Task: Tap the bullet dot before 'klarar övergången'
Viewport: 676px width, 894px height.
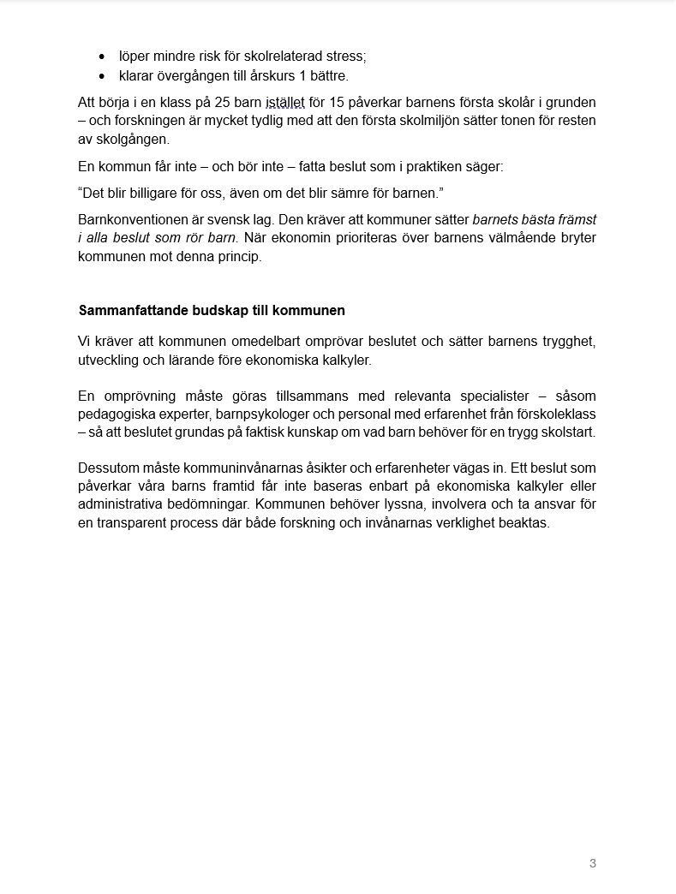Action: click(103, 76)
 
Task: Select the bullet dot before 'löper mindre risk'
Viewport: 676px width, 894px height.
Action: click(103, 57)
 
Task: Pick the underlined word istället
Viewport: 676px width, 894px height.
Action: click(285, 103)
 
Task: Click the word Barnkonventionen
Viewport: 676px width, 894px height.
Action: click(131, 219)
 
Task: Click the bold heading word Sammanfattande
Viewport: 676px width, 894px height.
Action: click(129, 310)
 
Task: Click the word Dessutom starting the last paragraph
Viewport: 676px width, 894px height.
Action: click(108, 468)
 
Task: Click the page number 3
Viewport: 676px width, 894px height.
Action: click(593, 863)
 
